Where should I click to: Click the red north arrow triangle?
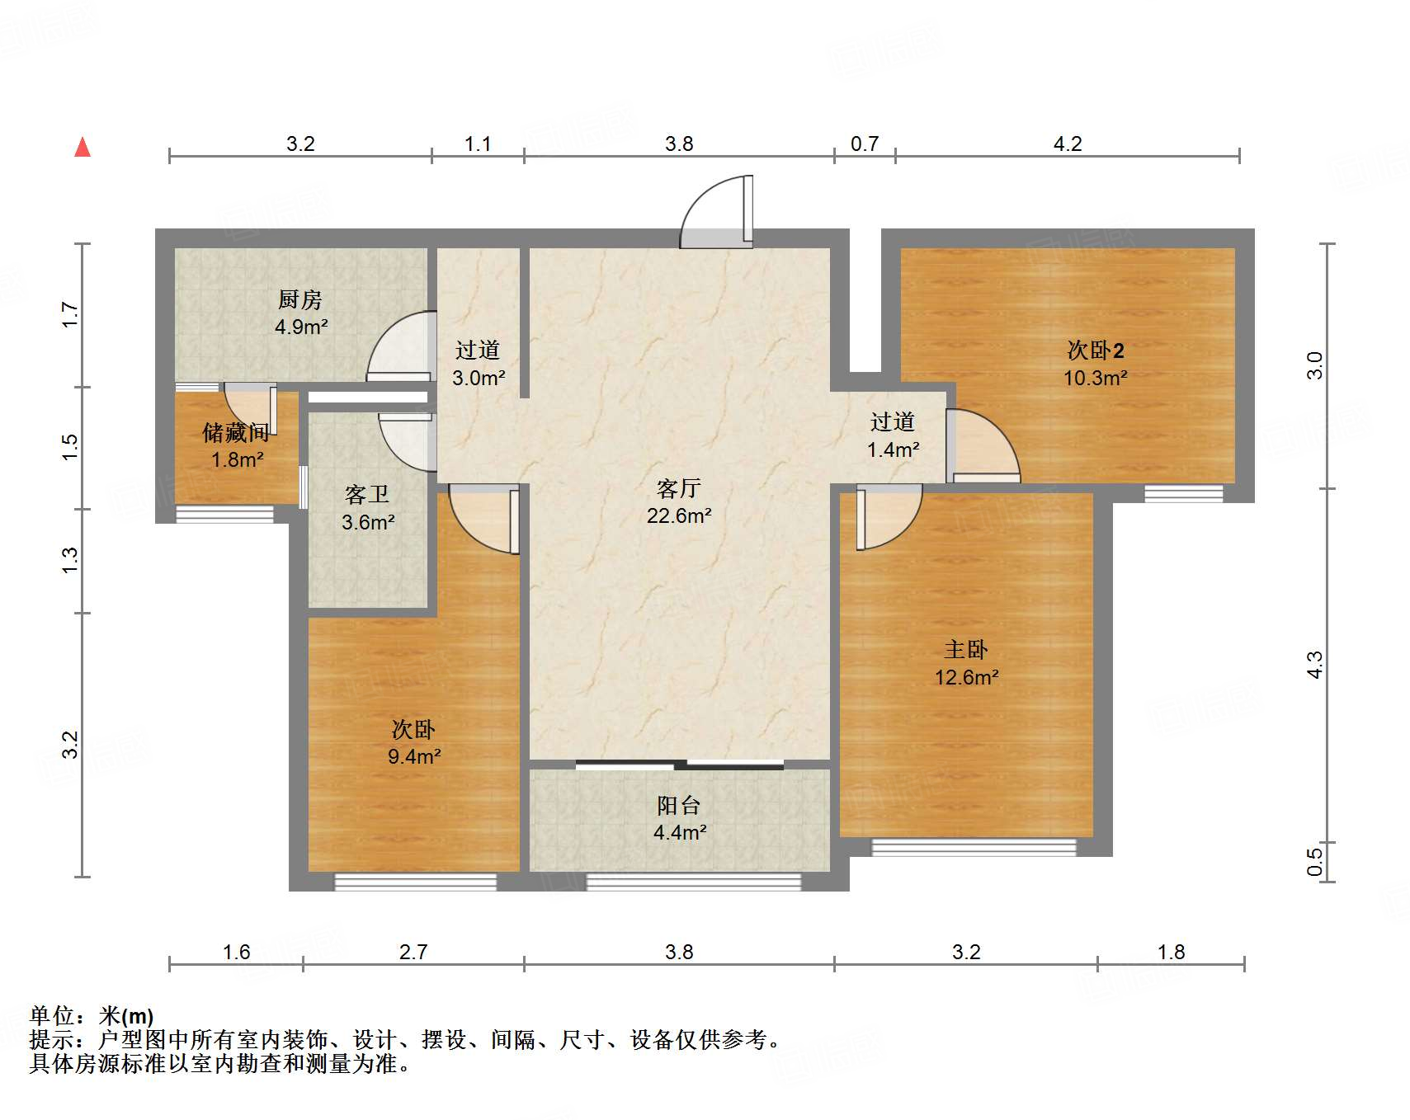[x=83, y=148]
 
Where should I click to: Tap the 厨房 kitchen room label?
[x=300, y=299]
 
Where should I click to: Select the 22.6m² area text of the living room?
[x=679, y=515]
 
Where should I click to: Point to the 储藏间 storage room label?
[x=236, y=432]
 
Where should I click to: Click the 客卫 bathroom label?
[x=367, y=494]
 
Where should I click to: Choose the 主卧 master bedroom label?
[x=966, y=650]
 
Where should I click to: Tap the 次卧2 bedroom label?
[x=1095, y=351]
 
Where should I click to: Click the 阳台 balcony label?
[x=679, y=805]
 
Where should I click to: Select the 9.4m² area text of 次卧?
[x=414, y=756]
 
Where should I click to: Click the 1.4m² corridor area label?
[x=894, y=449]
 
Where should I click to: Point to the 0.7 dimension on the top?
[x=865, y=144]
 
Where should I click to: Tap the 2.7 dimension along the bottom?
[x=413, y=952]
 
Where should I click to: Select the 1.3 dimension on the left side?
[x=70, y=561]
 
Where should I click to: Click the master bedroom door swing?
[x=887, y=518]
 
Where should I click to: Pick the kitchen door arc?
[x=401, y=346]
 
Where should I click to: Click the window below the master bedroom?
[x=974, y=847]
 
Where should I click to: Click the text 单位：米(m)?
[x=92, y=1015]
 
